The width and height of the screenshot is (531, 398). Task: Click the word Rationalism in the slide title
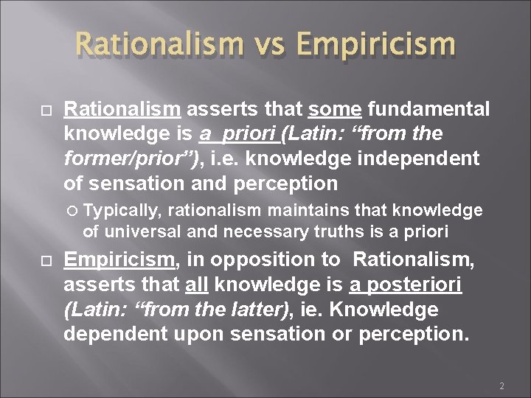click(x=158, y=43)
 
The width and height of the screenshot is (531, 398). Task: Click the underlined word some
click(x=335, y=110)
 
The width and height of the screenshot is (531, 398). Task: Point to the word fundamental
click(x=428, y=110)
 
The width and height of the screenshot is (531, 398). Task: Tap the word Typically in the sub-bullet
click(x=122, y=211)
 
